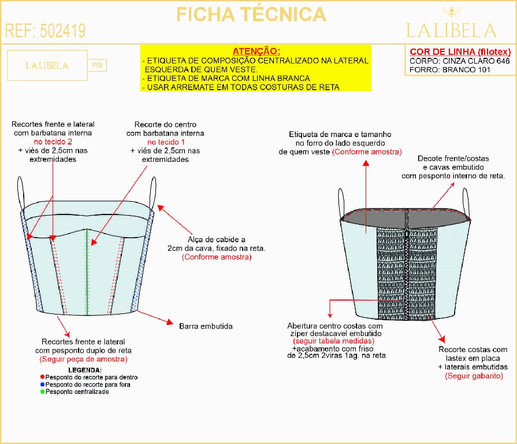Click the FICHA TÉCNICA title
point(251,14)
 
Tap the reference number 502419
point(62,31)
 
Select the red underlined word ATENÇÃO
point(256,51)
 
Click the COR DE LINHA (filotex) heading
point(460,52)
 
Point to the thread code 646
point(503,61)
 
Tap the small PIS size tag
point(97,65)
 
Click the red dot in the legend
point(42,377)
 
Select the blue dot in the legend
point(42,384)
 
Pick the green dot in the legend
point(42,391)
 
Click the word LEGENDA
point(85,370)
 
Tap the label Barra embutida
point(206,326)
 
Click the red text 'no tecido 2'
point(53,142)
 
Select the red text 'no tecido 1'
point(166,142)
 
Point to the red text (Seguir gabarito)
point(474,376)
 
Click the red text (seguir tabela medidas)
point(334,341)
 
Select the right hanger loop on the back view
point(466,202)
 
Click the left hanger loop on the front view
point(21,193)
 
